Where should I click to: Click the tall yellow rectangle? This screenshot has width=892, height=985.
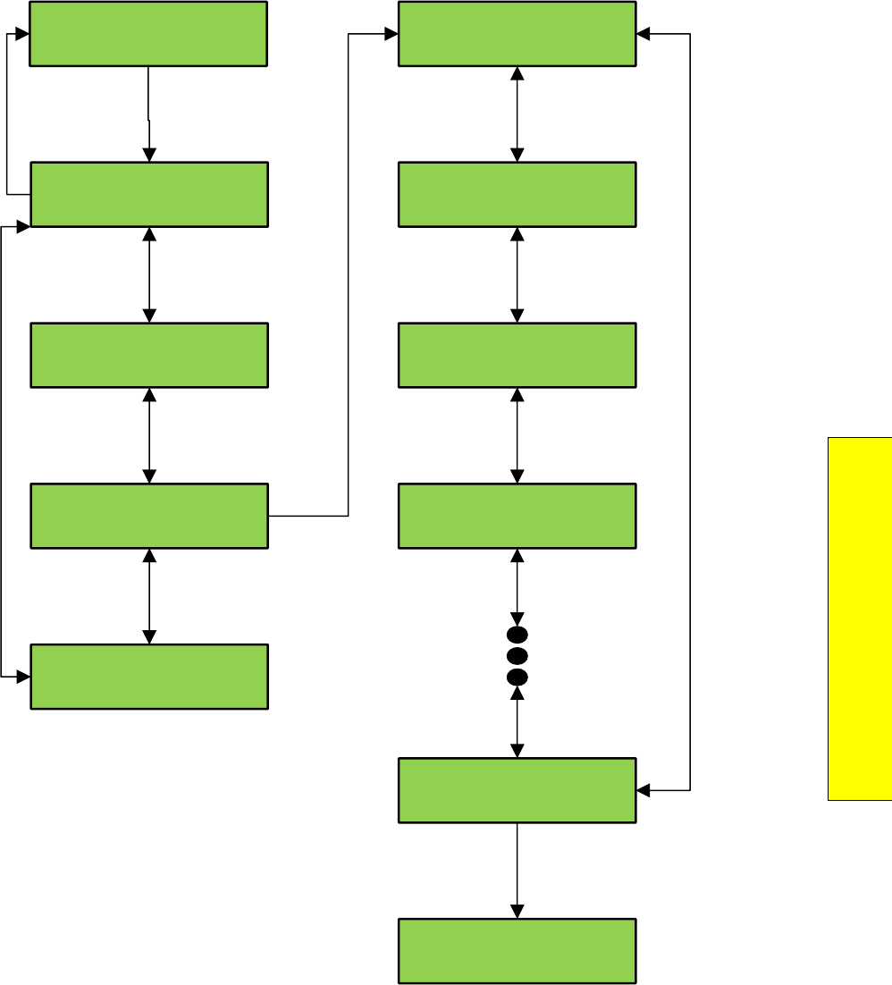tap(860, 618)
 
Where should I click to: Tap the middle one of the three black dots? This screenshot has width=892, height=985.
tap(517, 655)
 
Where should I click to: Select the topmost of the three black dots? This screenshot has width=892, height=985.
tap(517, 635)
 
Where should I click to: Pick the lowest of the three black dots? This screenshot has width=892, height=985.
tap(517, 676)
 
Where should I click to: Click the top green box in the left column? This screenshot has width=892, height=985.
tap(148, 34)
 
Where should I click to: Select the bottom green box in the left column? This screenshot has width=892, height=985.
tap(149, 677)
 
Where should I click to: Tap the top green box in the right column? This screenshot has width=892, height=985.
tap(517, 34)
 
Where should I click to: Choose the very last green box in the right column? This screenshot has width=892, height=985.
tap(517, 951)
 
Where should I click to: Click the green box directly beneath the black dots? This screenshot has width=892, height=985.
tap(517, 790)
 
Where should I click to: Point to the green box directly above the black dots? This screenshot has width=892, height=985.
tap(517, 516)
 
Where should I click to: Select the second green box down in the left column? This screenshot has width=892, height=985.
tap(149, 194)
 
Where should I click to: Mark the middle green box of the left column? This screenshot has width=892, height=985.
tap(149, 355)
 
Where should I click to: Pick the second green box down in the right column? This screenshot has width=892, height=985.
tap(517, 194)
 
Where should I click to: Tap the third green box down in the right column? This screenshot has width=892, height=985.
tap(517, 355)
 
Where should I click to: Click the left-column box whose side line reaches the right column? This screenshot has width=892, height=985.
tap(149, 516)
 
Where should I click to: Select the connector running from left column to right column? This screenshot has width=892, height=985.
tap(348, 268)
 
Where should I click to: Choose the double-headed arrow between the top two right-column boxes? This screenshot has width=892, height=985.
tap(517, 114)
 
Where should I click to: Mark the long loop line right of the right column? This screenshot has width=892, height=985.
tap(690, 411)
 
